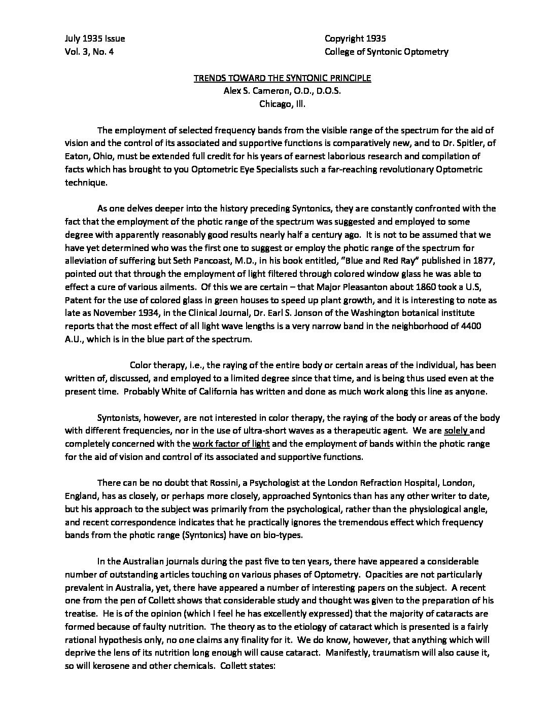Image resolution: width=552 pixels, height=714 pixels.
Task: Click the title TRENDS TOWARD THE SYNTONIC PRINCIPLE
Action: click(x=283, y=78)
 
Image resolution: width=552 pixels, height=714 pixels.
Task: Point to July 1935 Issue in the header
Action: click(x=95, y=39)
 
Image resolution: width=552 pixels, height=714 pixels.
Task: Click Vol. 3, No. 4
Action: click(x=89, y=52)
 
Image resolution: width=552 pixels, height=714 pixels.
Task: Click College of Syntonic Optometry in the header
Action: click(x=386, y=52)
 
